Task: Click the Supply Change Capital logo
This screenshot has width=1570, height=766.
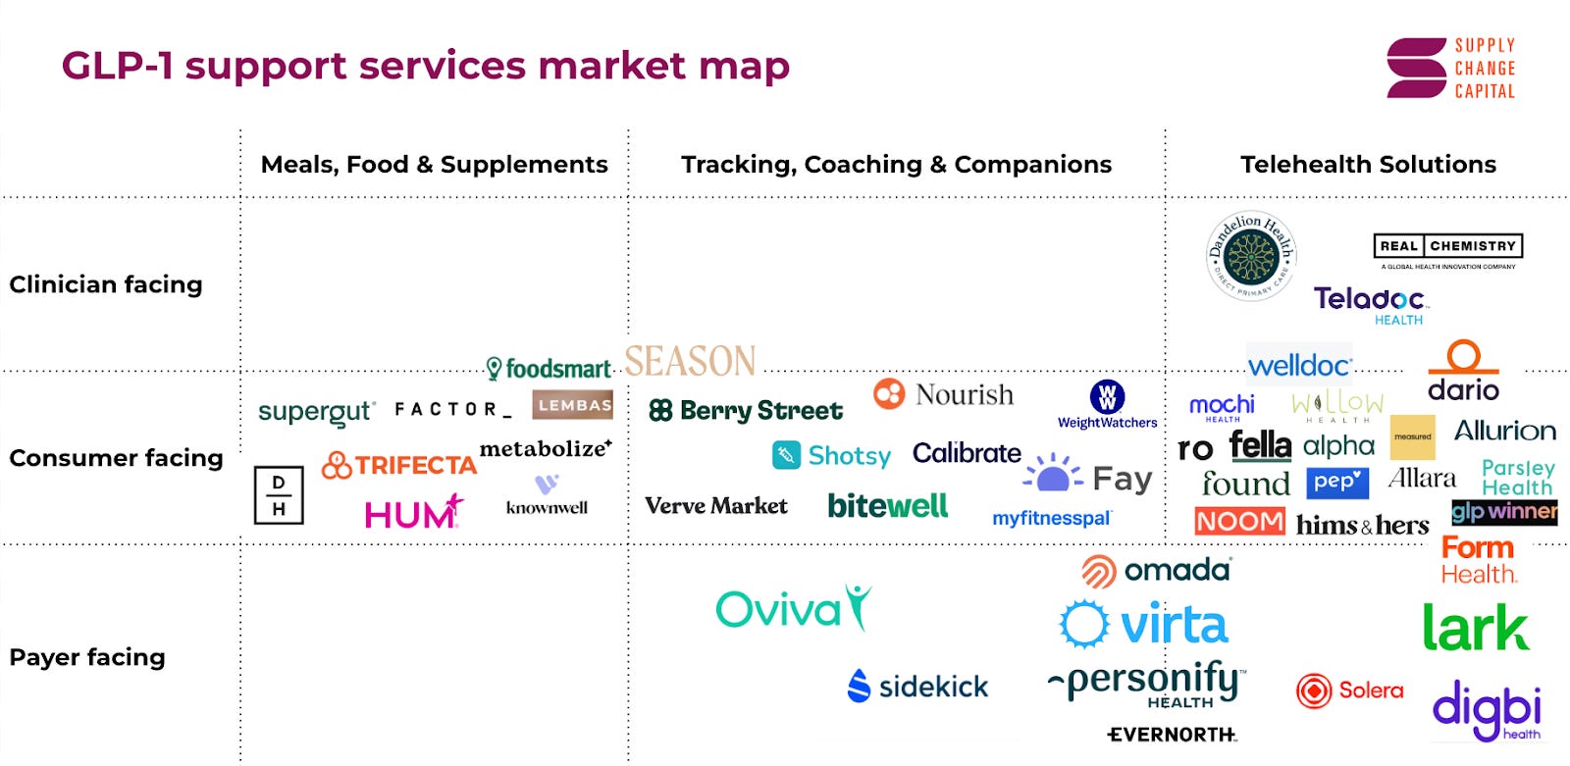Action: pyautogui.click(x=1450, y=68)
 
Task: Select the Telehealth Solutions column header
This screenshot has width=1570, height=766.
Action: pyautogui.click(x=1368, y=165)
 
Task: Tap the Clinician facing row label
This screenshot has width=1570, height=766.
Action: pyautogui.click(x=106, y=284)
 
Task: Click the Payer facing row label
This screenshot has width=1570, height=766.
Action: pyautogui.click(x=87, y=657)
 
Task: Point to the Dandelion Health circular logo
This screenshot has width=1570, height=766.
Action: pyautogui.click(x=1251, y=256)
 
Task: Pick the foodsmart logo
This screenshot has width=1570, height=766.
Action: pyautogui.click(x=549, y=369)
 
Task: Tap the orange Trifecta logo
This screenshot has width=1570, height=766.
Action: pyautogui.click(x=399, y=465)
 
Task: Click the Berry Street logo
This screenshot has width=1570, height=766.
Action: pyautogui.click(x=746, y=411)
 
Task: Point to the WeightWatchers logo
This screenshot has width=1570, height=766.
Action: pyautogui.click(x=1107, y=404)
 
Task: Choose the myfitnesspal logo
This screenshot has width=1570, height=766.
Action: pyautogui.click(x=1051, y=518)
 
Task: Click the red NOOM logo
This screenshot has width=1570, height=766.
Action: pyautogui.click(x=1239, y=521)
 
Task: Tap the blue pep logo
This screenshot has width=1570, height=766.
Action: pyautogui.click(x=1337, y=483)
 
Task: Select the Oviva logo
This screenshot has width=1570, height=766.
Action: pyautogui.click(x=793, y=609)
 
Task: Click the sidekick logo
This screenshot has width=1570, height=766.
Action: pyautogui.click(x=917, y=687)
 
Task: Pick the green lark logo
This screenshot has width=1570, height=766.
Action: pyautogui.click(x=1475, y=628)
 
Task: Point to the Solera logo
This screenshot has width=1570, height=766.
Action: pyautogui.click(x=1349, y=690)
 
